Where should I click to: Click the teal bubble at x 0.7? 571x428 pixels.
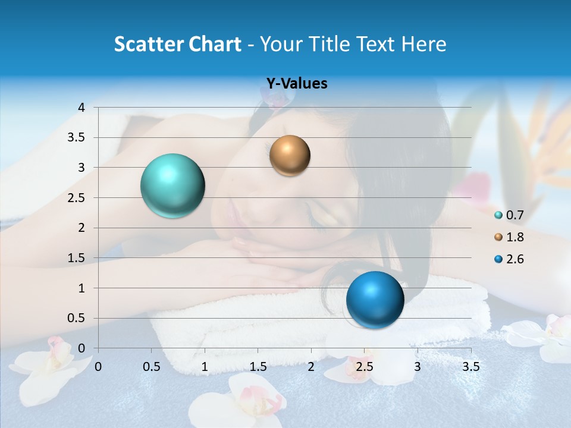172,185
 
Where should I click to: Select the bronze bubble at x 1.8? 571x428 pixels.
290,155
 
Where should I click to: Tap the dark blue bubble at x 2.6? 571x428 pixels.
375,300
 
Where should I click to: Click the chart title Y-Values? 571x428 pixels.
296,84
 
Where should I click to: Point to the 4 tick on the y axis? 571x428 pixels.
81,108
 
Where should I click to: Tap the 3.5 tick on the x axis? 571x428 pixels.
470,367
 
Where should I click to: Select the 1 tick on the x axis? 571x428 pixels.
205,367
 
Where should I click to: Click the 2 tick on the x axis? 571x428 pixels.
310,367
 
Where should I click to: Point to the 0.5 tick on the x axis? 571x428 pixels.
152,367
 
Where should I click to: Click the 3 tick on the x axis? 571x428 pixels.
417,367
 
